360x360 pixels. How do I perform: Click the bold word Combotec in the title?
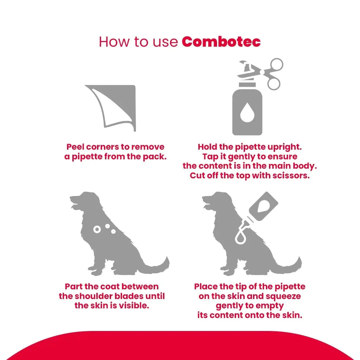click(x=221, y=42)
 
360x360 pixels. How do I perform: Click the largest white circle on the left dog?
click(x=97, y=229)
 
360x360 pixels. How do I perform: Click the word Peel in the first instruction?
click(x=75, y=147)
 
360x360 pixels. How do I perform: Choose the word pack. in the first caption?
click(x=155, y=157)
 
